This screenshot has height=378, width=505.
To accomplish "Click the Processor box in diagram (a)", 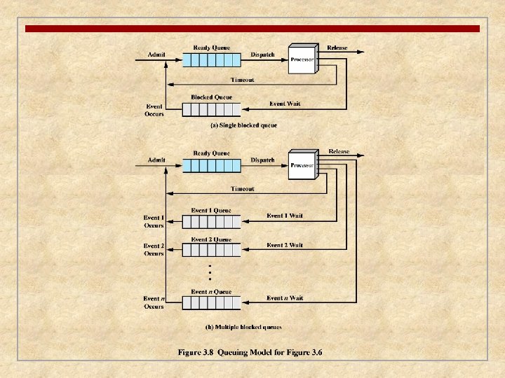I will click(302, 59).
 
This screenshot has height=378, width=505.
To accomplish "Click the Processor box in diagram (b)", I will click(302, 165).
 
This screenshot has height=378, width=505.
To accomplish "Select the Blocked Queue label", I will click(211, 97).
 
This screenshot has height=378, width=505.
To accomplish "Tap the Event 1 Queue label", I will click(211, 210).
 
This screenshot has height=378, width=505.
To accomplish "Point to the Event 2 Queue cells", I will click(211, 250).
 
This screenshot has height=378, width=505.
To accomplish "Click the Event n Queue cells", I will click(211, 302).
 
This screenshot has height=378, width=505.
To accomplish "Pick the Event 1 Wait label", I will click(285, 216).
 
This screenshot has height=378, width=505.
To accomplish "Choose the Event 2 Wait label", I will click(285, 245).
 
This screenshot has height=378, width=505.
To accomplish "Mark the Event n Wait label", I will click(285, 298).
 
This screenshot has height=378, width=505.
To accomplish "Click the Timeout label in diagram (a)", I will click(243, 80).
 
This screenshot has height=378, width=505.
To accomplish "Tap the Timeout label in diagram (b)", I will click(243, 188).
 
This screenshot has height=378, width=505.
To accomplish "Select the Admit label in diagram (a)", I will click(156, 54).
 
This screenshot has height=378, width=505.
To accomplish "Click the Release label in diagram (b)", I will click(339, 151).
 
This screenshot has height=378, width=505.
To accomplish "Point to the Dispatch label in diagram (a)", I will click(263, 54).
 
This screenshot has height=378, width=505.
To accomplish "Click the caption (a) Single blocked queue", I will click(243, 125).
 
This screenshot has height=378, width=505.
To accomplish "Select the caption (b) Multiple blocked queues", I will click(243, 327).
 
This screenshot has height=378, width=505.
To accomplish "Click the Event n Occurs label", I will click(154, 302).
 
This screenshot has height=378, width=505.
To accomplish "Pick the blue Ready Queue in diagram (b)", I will click(211, 165).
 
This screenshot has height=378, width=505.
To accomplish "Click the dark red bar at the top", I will click(252, 29).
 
